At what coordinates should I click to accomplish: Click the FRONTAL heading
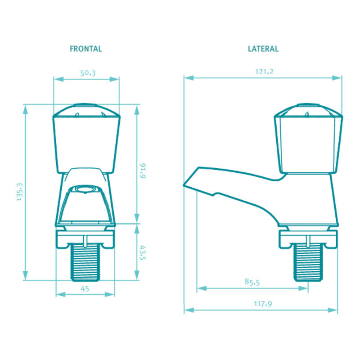[85, 49]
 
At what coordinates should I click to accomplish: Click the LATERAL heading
[263, 49]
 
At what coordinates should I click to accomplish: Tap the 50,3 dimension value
[88, 73]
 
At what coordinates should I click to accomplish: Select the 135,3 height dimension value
[20, 192]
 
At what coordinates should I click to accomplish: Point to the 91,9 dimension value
[143, 171]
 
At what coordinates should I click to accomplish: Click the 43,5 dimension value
[143, 252]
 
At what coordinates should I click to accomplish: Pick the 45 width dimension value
[85, 288]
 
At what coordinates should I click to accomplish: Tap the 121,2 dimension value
[264, 72]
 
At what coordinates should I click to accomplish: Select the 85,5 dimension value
[252, 282]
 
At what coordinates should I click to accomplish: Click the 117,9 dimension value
[263, 303]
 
